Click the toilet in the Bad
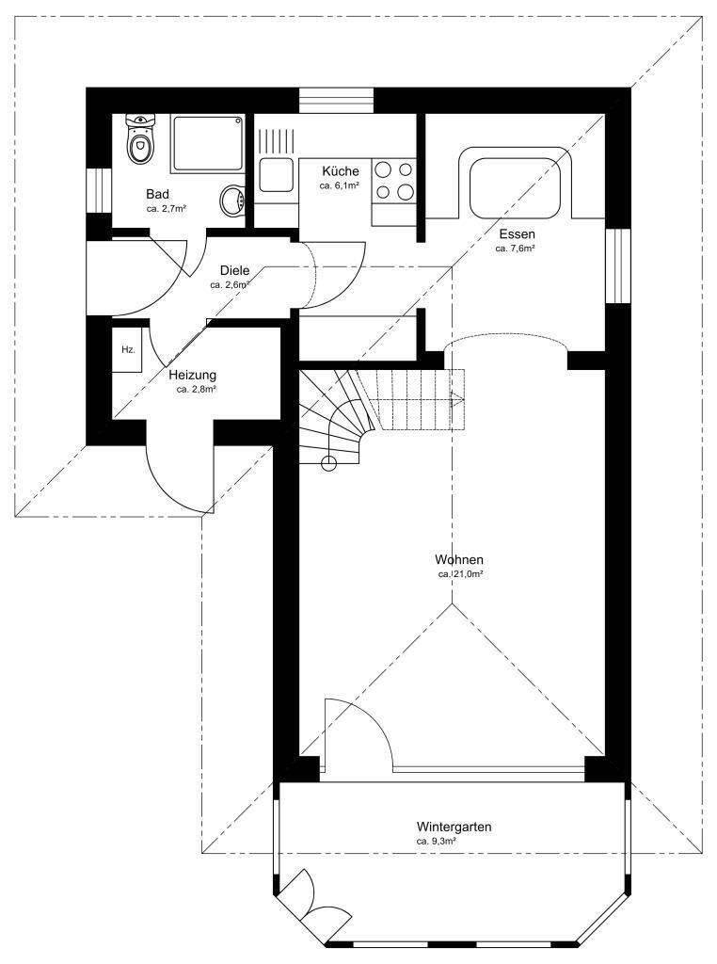point(140,144)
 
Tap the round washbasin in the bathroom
point(231,200)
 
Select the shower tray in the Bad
point(205,143)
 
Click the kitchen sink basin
point(276,175)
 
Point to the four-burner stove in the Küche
point(394,182)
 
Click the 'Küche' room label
point(340,171)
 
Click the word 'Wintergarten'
point(454,827)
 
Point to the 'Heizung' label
point(193,374)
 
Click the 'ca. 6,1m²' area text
point(339,186)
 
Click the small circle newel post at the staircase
point(329,462)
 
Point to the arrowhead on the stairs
point(458,398)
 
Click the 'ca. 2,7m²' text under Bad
point(166,209)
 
